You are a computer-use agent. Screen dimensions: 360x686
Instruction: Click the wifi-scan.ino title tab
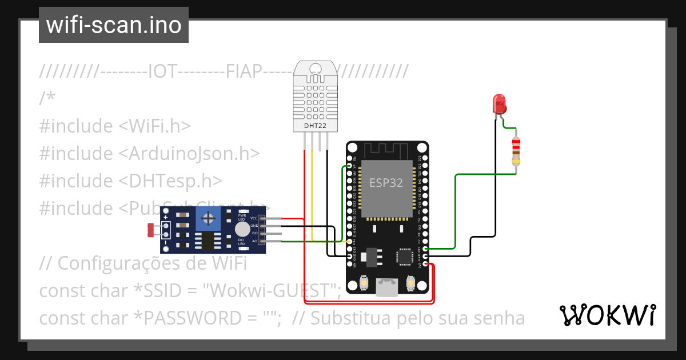[x=113, y=25]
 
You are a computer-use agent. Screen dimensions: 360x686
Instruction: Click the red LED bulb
[x=499, y=104]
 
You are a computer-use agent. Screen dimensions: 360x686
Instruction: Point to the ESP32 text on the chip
[x=386, y=183]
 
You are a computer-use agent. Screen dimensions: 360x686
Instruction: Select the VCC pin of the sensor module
[x=263, y=218]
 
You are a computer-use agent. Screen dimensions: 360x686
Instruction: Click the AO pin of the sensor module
[x=263, y=242]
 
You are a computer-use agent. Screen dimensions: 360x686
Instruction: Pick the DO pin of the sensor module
[x=263, y=234]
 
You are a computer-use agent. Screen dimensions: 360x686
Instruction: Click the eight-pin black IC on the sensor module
[x=208, y=241]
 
